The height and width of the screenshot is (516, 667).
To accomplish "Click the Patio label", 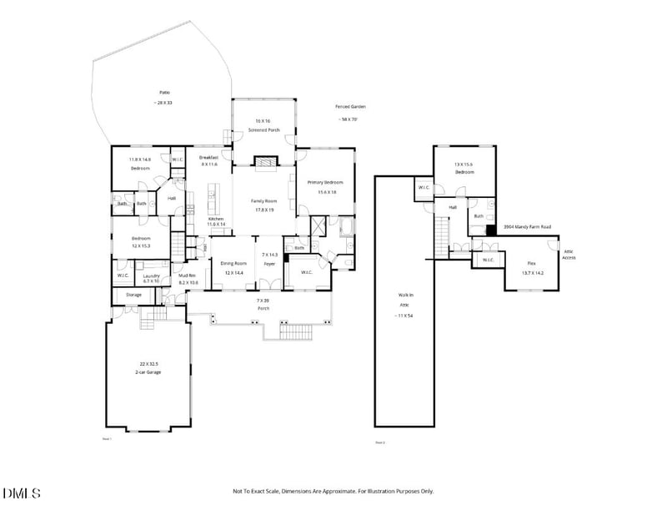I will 163,93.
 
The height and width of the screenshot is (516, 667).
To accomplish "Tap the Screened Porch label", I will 263,130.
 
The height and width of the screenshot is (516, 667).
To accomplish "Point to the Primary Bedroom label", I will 325,182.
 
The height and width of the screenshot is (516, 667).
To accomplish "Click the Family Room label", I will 264,201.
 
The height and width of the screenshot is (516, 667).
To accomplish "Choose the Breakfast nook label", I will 208,157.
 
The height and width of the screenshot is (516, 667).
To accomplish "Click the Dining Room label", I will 234,263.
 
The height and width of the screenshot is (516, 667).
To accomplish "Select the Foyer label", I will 269,264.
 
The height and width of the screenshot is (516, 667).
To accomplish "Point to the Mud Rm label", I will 187,275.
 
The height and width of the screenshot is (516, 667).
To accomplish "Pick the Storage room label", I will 133,295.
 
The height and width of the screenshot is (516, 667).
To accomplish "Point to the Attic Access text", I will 569,254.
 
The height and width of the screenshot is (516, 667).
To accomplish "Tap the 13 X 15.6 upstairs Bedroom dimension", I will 464,164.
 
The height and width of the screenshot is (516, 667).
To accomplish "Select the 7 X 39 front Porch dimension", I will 263,298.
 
